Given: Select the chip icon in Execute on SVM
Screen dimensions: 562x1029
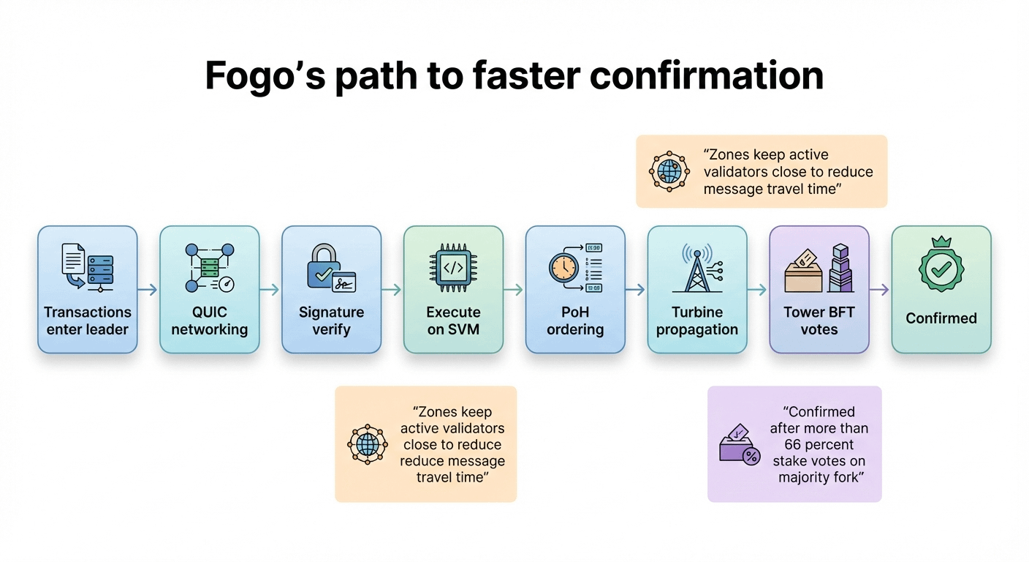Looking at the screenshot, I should click(x=453, y=268).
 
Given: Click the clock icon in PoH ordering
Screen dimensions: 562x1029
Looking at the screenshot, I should click(x=563, y=269).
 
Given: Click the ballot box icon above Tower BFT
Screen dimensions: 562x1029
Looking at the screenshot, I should click(x=803, y=271).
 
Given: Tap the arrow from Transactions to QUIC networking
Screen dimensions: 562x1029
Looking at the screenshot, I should click(x=148, y=290).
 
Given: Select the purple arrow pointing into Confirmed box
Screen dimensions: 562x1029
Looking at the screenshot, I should click(x=880, y=290).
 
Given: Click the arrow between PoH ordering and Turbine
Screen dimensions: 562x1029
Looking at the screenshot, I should click(x=636, y=290).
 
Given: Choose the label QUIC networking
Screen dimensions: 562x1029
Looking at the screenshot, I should click(x=210, y=321).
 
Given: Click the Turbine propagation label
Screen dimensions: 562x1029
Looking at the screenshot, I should click(x=697, y=321).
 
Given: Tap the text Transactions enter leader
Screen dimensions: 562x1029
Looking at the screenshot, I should click(x=88, y=321).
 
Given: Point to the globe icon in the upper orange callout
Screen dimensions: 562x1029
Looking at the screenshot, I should click(x=669, y=171).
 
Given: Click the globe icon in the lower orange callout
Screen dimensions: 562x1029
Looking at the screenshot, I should click(x=367, y=444).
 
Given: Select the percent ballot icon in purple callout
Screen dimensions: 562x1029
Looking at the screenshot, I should click(x=740, y=444).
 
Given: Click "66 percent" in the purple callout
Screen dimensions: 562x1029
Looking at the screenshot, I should click(x=819, y=445).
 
